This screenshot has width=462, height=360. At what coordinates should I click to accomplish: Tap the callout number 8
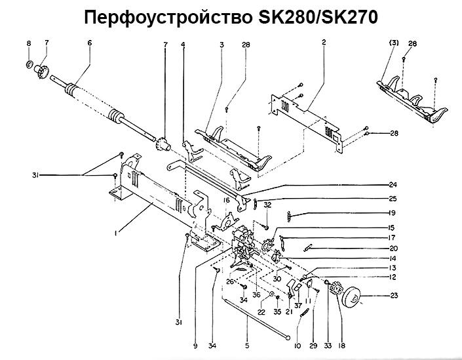pos(29,43)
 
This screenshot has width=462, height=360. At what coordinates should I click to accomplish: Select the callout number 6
pos(89,43)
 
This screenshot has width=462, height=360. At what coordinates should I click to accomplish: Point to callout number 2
pos(324,43)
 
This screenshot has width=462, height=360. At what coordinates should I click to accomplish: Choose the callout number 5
pos(247,346)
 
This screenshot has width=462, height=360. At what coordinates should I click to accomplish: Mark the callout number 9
pos(195,346)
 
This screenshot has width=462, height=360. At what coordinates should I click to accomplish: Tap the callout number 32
pos(267,205)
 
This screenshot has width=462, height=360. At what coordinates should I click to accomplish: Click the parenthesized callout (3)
pos(395,43)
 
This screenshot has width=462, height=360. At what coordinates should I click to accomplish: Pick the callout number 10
pos(298,346)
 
